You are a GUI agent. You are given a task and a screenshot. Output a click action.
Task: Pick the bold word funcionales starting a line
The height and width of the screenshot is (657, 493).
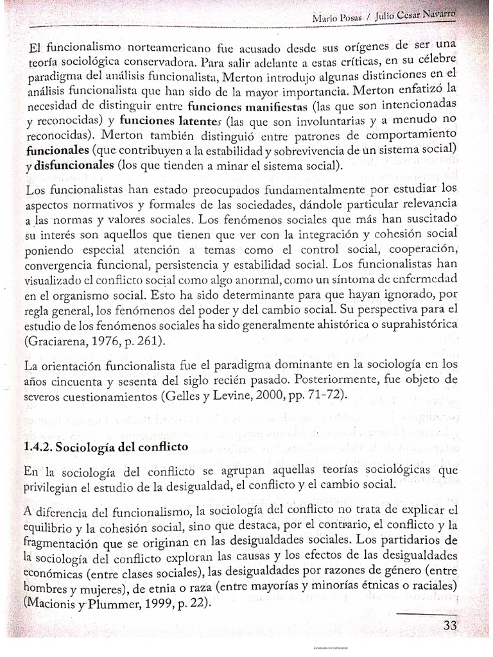click(x=57, y=151)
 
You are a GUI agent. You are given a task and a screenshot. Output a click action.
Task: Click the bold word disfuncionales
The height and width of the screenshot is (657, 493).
click(x=78, y=166)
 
